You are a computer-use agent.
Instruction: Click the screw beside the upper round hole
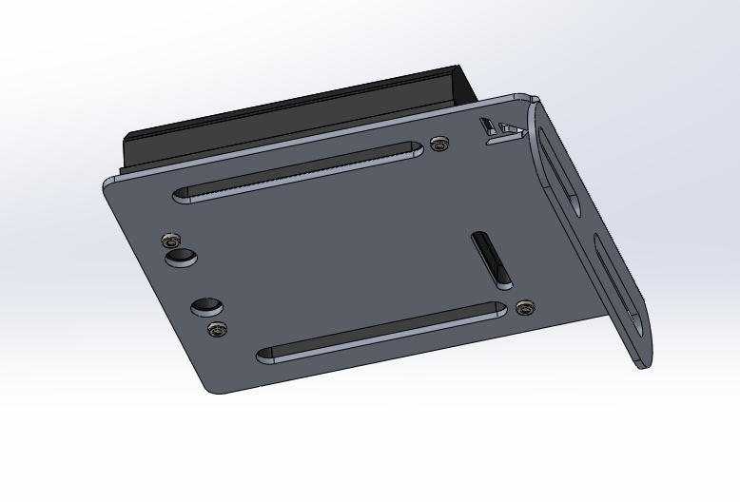171,238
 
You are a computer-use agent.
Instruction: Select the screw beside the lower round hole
218,329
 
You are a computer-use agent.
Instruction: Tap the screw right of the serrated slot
438,144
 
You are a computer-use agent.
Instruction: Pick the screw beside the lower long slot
524,307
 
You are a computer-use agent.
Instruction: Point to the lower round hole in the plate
206,306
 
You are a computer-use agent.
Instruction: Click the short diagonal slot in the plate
492,259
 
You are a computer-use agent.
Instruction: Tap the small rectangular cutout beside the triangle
486,125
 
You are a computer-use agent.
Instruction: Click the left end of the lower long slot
266,355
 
